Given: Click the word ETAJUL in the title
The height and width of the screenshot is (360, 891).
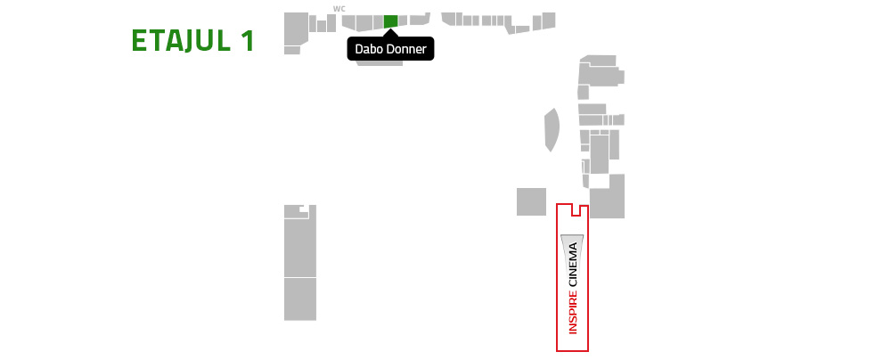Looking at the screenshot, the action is (181, 41).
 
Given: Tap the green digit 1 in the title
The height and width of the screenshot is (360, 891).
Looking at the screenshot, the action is (247, 41).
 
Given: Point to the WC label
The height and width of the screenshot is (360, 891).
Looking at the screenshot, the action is (339, 9).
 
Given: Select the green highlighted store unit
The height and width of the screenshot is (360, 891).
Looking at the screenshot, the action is (390, 21).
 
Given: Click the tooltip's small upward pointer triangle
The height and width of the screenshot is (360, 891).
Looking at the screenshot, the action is (390, 33).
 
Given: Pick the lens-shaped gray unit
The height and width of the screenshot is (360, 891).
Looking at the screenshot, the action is (552, 130).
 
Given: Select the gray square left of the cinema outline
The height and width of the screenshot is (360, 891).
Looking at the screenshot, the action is (531, 201).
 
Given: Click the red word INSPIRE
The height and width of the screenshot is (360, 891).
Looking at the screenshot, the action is (573, 312).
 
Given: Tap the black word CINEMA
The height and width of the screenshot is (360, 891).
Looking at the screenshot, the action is (573, 265).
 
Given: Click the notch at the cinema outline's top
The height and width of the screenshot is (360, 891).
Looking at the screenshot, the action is (576, 210).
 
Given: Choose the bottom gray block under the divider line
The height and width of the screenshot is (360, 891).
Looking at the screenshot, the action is (300, 299).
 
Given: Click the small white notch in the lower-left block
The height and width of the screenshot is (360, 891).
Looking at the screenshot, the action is (305, 208).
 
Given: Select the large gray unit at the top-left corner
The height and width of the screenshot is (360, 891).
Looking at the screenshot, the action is (296, 28).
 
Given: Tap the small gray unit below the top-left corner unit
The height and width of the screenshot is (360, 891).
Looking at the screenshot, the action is (292, 51).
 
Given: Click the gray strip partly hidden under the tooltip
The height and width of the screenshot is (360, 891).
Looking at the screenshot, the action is (380, 63).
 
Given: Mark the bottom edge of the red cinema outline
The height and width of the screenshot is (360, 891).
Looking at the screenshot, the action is (572, 351).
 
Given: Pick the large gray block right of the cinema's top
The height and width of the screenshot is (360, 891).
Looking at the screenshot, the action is (608, 196).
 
